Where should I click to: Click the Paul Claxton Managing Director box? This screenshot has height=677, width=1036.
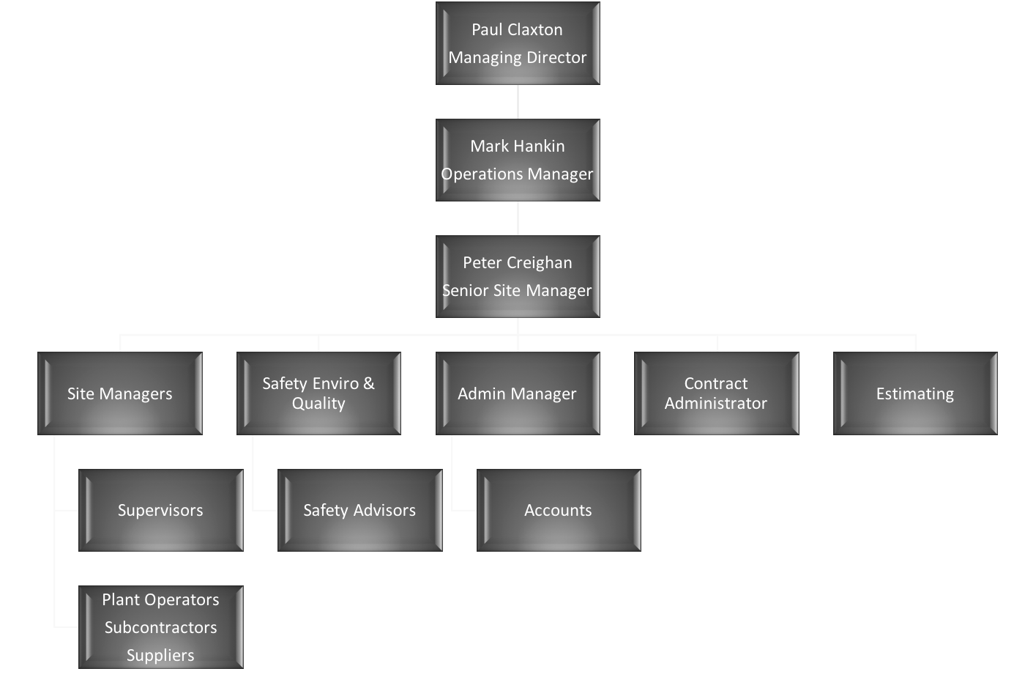point(518,43)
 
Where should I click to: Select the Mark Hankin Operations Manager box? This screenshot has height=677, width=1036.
point(518,160)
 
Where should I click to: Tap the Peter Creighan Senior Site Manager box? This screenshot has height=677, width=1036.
point(518,277)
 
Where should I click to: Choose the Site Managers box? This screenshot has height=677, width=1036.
point(120,393)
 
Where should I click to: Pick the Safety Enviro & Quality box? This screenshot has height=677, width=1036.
point(318,393)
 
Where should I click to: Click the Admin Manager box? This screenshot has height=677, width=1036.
point(518,393)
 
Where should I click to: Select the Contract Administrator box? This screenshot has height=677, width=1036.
point(716,393)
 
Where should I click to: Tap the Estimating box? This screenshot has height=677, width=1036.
point(915,393)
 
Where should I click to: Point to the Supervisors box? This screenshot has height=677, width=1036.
point(161,511)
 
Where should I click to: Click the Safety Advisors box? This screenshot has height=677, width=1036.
point(359,511)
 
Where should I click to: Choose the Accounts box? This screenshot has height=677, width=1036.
point(559,511)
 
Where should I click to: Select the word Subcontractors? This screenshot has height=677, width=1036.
point(160,627)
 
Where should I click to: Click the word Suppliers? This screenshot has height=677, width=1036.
point(160,656)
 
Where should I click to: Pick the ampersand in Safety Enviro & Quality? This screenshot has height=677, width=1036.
point(368,383)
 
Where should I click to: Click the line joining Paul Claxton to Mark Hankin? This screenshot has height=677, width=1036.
point(518,102)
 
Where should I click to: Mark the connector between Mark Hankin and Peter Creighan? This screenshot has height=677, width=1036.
point(518,218)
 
